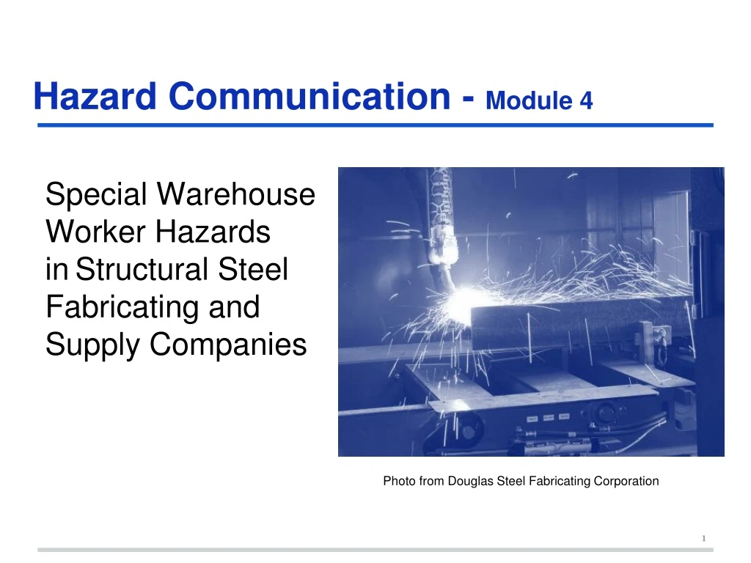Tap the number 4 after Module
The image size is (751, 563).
(585, 100)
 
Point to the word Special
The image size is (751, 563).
(97, 195)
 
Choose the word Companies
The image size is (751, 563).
(228, 344)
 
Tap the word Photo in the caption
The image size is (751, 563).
(398, 482)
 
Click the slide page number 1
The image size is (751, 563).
(703, 539)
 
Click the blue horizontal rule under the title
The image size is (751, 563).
(375, 125)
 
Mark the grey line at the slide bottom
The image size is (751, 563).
(375, 549)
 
